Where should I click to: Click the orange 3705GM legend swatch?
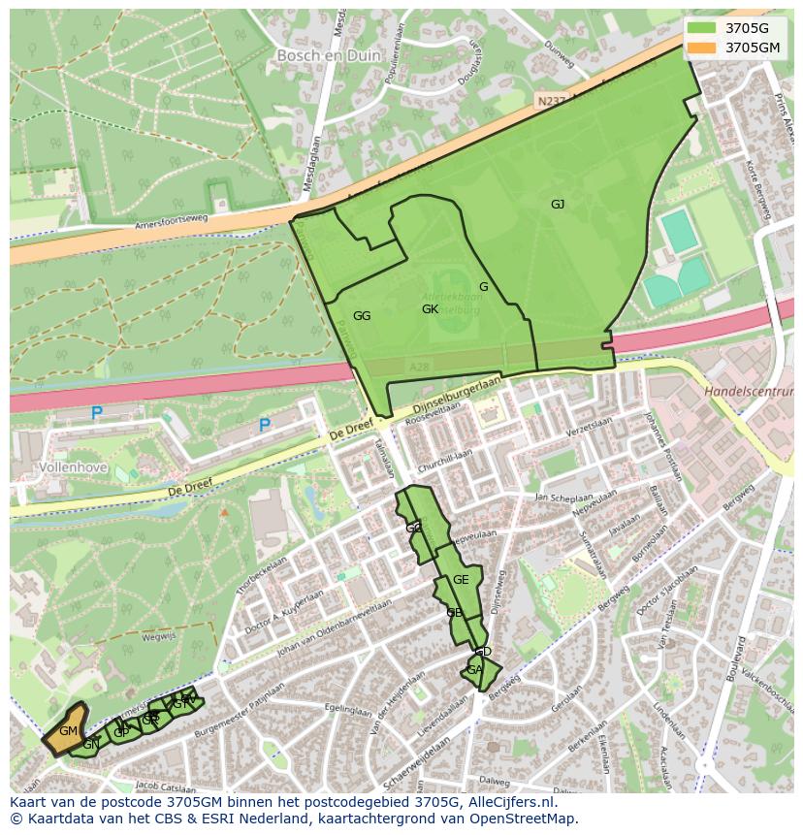tap(703, 48)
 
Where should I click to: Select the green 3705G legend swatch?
tap(703, 27)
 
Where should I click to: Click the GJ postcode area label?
tap(558, 205)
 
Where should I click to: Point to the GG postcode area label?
tap(362, 316)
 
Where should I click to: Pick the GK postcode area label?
tap(431, 309)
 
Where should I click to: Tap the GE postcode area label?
tap(461, 580)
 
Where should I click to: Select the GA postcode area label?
tap(474, 670)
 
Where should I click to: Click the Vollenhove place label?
tap(74, 466)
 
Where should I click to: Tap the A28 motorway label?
tap(419, 367)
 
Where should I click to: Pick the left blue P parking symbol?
tap(97, 413)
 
